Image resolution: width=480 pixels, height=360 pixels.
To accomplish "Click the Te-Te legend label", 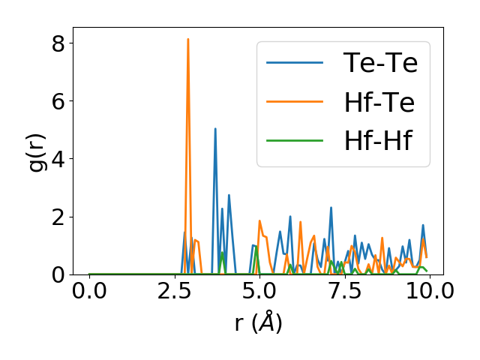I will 380,63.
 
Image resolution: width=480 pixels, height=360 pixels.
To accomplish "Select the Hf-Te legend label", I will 379,102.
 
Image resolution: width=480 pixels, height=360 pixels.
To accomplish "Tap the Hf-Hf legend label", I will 378,141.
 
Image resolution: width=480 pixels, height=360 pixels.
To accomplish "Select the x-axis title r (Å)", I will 258,323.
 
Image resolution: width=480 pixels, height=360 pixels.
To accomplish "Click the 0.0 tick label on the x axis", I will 89,291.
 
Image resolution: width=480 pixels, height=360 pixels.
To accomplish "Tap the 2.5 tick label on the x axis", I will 174,291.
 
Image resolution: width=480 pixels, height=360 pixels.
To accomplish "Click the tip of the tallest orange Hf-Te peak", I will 188,39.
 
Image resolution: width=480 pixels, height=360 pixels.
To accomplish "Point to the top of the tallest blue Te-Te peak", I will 215,128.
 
